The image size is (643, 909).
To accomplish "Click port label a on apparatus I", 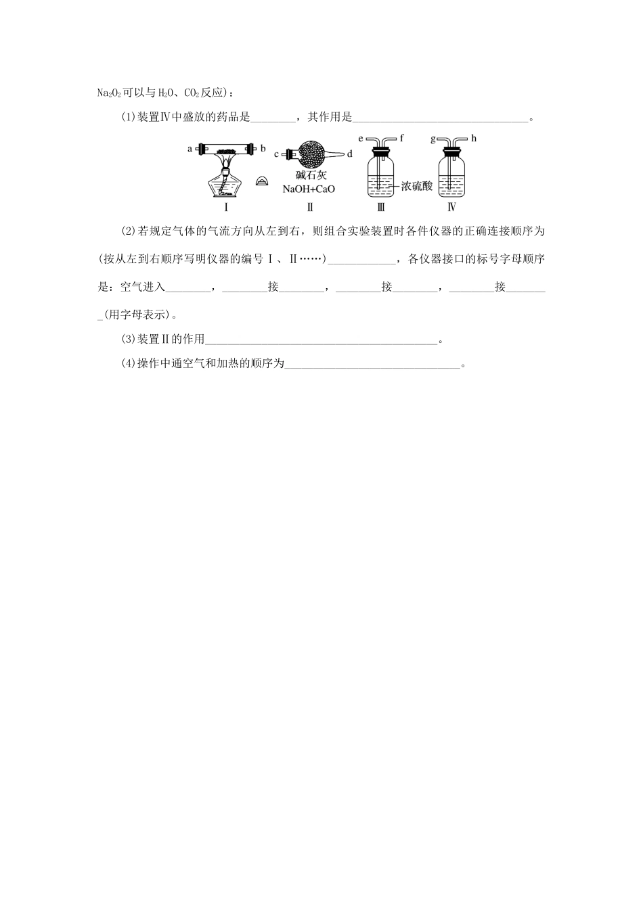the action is [190, 148].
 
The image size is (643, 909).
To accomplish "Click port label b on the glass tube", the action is [263, 147].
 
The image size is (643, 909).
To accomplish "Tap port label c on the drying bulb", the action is [276, 155].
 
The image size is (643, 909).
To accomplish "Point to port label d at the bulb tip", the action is [349, 154].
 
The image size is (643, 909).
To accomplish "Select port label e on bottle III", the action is [361, 139].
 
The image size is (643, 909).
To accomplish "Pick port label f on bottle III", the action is [401, 138].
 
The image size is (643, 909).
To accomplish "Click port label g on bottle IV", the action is [433, 139].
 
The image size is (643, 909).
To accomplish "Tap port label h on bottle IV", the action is [474, 138].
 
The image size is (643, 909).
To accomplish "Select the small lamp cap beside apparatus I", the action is [263, 181].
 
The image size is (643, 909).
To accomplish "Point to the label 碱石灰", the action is [311, 175].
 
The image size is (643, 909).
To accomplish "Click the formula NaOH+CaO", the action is [310, 189].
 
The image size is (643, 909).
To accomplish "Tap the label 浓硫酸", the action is [416, 185].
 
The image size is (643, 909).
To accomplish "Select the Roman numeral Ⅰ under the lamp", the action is [226, 208].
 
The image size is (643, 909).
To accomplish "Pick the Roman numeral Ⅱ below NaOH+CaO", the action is [310, 208].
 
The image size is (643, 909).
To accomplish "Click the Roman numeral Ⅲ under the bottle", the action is [380, 208].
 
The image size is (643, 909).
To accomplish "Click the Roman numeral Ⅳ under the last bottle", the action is [452, 208].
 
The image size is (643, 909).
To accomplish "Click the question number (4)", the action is [129, 364].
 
